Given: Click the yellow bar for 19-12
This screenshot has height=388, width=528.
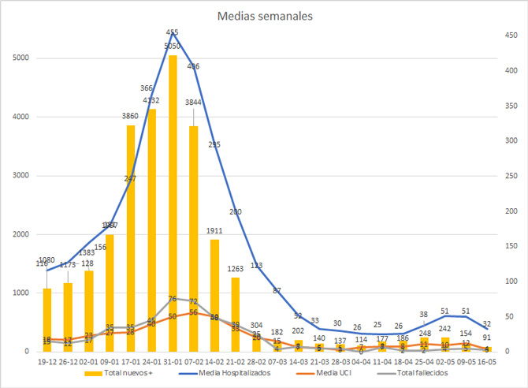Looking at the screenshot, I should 46,320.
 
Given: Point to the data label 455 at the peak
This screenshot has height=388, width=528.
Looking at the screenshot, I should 173,32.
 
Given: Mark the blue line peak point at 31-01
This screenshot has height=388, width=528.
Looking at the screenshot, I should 173,33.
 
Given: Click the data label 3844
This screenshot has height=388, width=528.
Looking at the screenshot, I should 194,103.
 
